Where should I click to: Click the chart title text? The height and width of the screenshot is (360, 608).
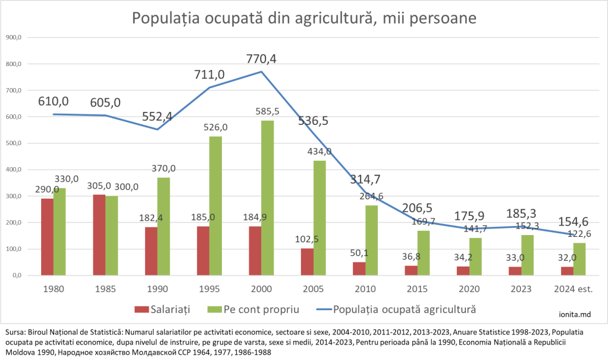coord(303,18)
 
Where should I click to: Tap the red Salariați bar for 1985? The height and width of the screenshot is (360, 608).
coord(99,234)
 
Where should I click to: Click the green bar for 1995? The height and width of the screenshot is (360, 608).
coord(215,205)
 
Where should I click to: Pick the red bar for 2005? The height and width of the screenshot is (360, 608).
coord(307,261)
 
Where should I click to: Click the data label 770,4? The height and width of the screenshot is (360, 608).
coord(261,59)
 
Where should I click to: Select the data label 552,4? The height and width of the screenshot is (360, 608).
coord(157,117)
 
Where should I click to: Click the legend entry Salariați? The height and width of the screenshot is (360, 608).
coord(162,309)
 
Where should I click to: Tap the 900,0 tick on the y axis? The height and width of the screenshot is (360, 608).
coord(13,37)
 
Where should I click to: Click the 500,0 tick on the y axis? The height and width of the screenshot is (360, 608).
coord(13,143)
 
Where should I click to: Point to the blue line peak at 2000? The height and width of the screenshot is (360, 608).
coord(261,72)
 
